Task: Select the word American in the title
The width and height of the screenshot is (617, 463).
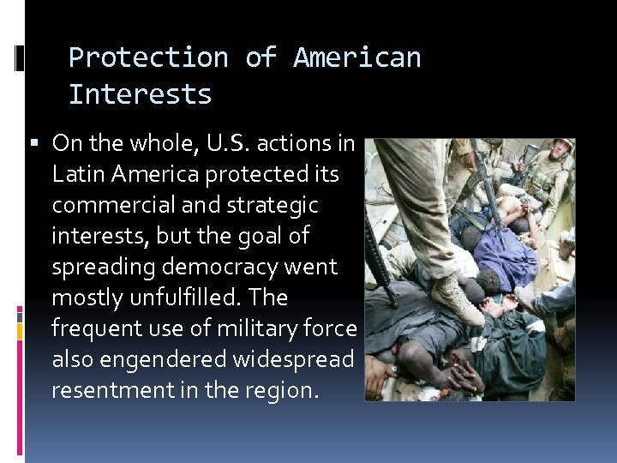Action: (x=356, y=57)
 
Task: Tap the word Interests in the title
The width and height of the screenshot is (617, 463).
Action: (x=140, y=94)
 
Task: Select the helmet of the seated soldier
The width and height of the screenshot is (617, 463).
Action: (x=562, y=147)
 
